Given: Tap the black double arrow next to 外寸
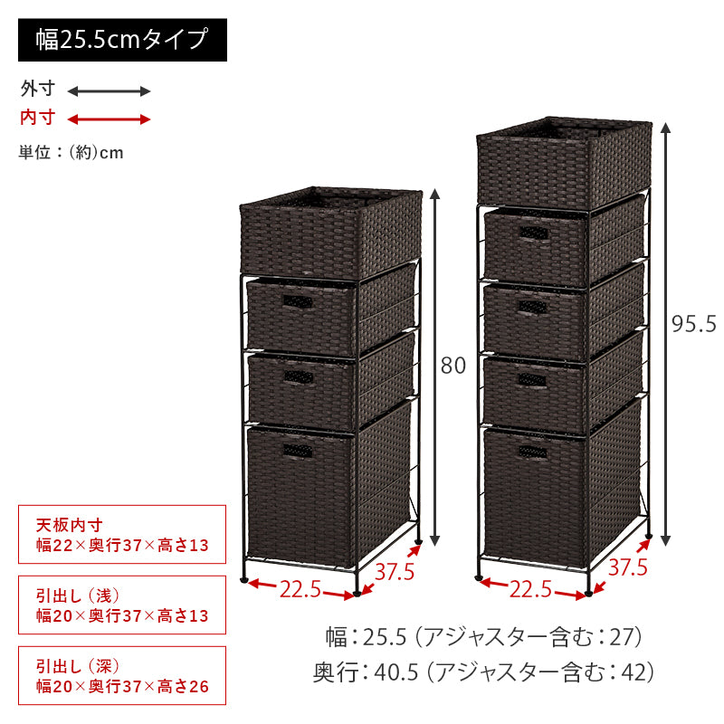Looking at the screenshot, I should (109, 90).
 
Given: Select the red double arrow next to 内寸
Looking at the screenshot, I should (109, 119).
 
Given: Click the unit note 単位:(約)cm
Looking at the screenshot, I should (71, 152).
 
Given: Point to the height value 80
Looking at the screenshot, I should (452, 367).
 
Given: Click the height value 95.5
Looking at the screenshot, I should (693, 323).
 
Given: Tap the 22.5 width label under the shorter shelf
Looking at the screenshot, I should (300, 589).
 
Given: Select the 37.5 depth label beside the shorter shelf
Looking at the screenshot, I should (395, 572).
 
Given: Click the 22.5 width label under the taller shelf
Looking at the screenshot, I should (530, 589).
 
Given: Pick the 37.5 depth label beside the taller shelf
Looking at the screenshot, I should (627, 567).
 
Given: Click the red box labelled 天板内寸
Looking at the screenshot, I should (122, 535).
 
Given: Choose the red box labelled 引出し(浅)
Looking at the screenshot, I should (122, 605).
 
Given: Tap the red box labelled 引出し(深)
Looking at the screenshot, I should (122, 675).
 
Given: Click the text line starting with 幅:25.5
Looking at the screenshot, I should (484, 637).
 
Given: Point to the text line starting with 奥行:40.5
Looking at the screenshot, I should (484, 672).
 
